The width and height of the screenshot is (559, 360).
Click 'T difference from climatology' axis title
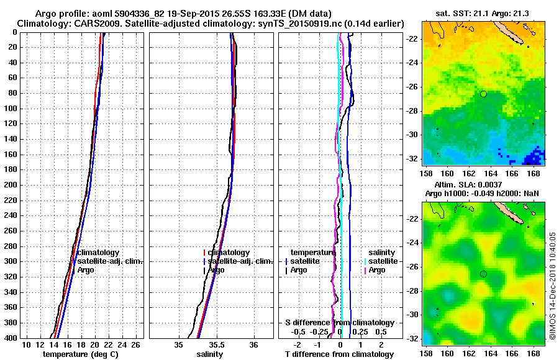pyautogui.click(x=339, y=354)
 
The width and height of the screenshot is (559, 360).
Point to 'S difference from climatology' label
pyautogui.click(x=339, y=323)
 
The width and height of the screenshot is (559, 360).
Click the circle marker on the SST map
pyautogui.click(x=483, y=94)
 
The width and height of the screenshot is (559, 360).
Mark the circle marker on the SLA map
pyautogui.click(x=483, y=274)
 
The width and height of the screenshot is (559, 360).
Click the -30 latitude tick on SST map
pyautogui.click(x=414, y=135)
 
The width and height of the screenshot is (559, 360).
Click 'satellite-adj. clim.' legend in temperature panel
pyautogui.click(x=109, y=261)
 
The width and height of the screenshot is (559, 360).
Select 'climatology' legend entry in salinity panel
pyautogui.click(x=229, y=253)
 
